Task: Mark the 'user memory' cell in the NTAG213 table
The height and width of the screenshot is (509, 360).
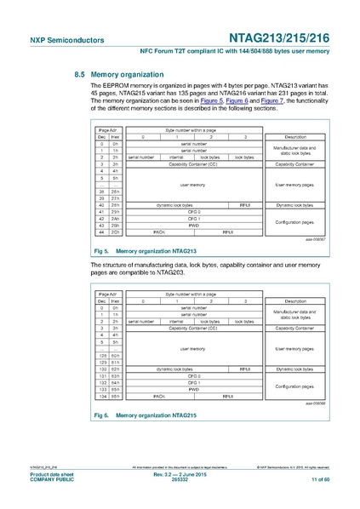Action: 193,184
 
